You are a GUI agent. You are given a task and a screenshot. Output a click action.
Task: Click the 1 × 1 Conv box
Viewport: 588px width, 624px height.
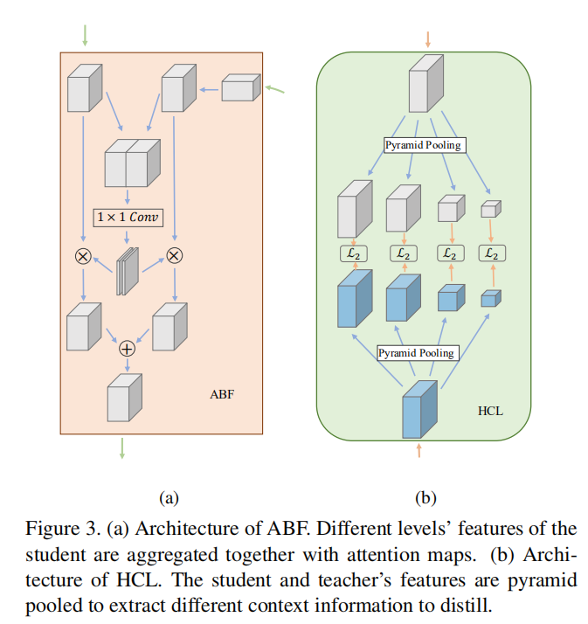128,217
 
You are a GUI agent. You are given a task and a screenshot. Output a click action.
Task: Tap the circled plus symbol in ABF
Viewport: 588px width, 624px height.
128,348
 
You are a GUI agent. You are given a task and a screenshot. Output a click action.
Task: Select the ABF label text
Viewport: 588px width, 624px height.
221,395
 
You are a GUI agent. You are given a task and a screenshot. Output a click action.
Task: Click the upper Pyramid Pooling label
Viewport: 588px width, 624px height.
424,145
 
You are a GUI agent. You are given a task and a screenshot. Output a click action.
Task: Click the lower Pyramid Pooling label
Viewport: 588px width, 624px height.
417,353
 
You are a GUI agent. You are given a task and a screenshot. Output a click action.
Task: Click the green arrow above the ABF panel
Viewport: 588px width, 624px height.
85,34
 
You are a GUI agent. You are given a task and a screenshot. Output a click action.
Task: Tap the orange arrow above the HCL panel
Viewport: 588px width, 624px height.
427,39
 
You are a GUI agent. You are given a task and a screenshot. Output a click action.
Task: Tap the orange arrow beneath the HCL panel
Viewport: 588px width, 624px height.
419,450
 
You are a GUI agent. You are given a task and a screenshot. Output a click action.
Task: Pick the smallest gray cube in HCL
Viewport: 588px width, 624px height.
490,209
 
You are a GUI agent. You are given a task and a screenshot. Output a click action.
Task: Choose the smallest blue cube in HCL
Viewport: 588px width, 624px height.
490,298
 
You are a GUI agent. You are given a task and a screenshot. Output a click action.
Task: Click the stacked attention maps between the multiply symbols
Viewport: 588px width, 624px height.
128,270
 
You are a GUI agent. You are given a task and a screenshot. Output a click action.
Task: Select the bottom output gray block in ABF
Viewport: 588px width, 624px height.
123,399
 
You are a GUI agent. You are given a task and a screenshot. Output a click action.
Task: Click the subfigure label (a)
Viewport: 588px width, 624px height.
169,498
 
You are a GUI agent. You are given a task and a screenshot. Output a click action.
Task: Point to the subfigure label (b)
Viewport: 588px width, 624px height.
425,498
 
